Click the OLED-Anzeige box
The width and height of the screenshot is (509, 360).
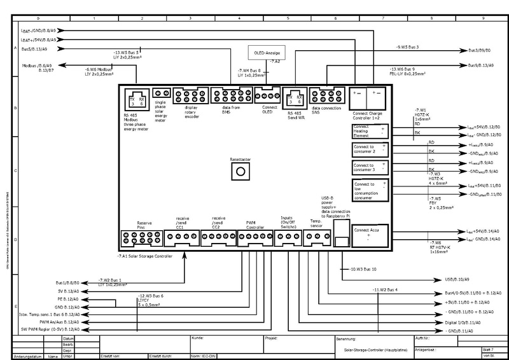(268, 50)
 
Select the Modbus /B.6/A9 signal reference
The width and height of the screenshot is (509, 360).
(37, 65)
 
